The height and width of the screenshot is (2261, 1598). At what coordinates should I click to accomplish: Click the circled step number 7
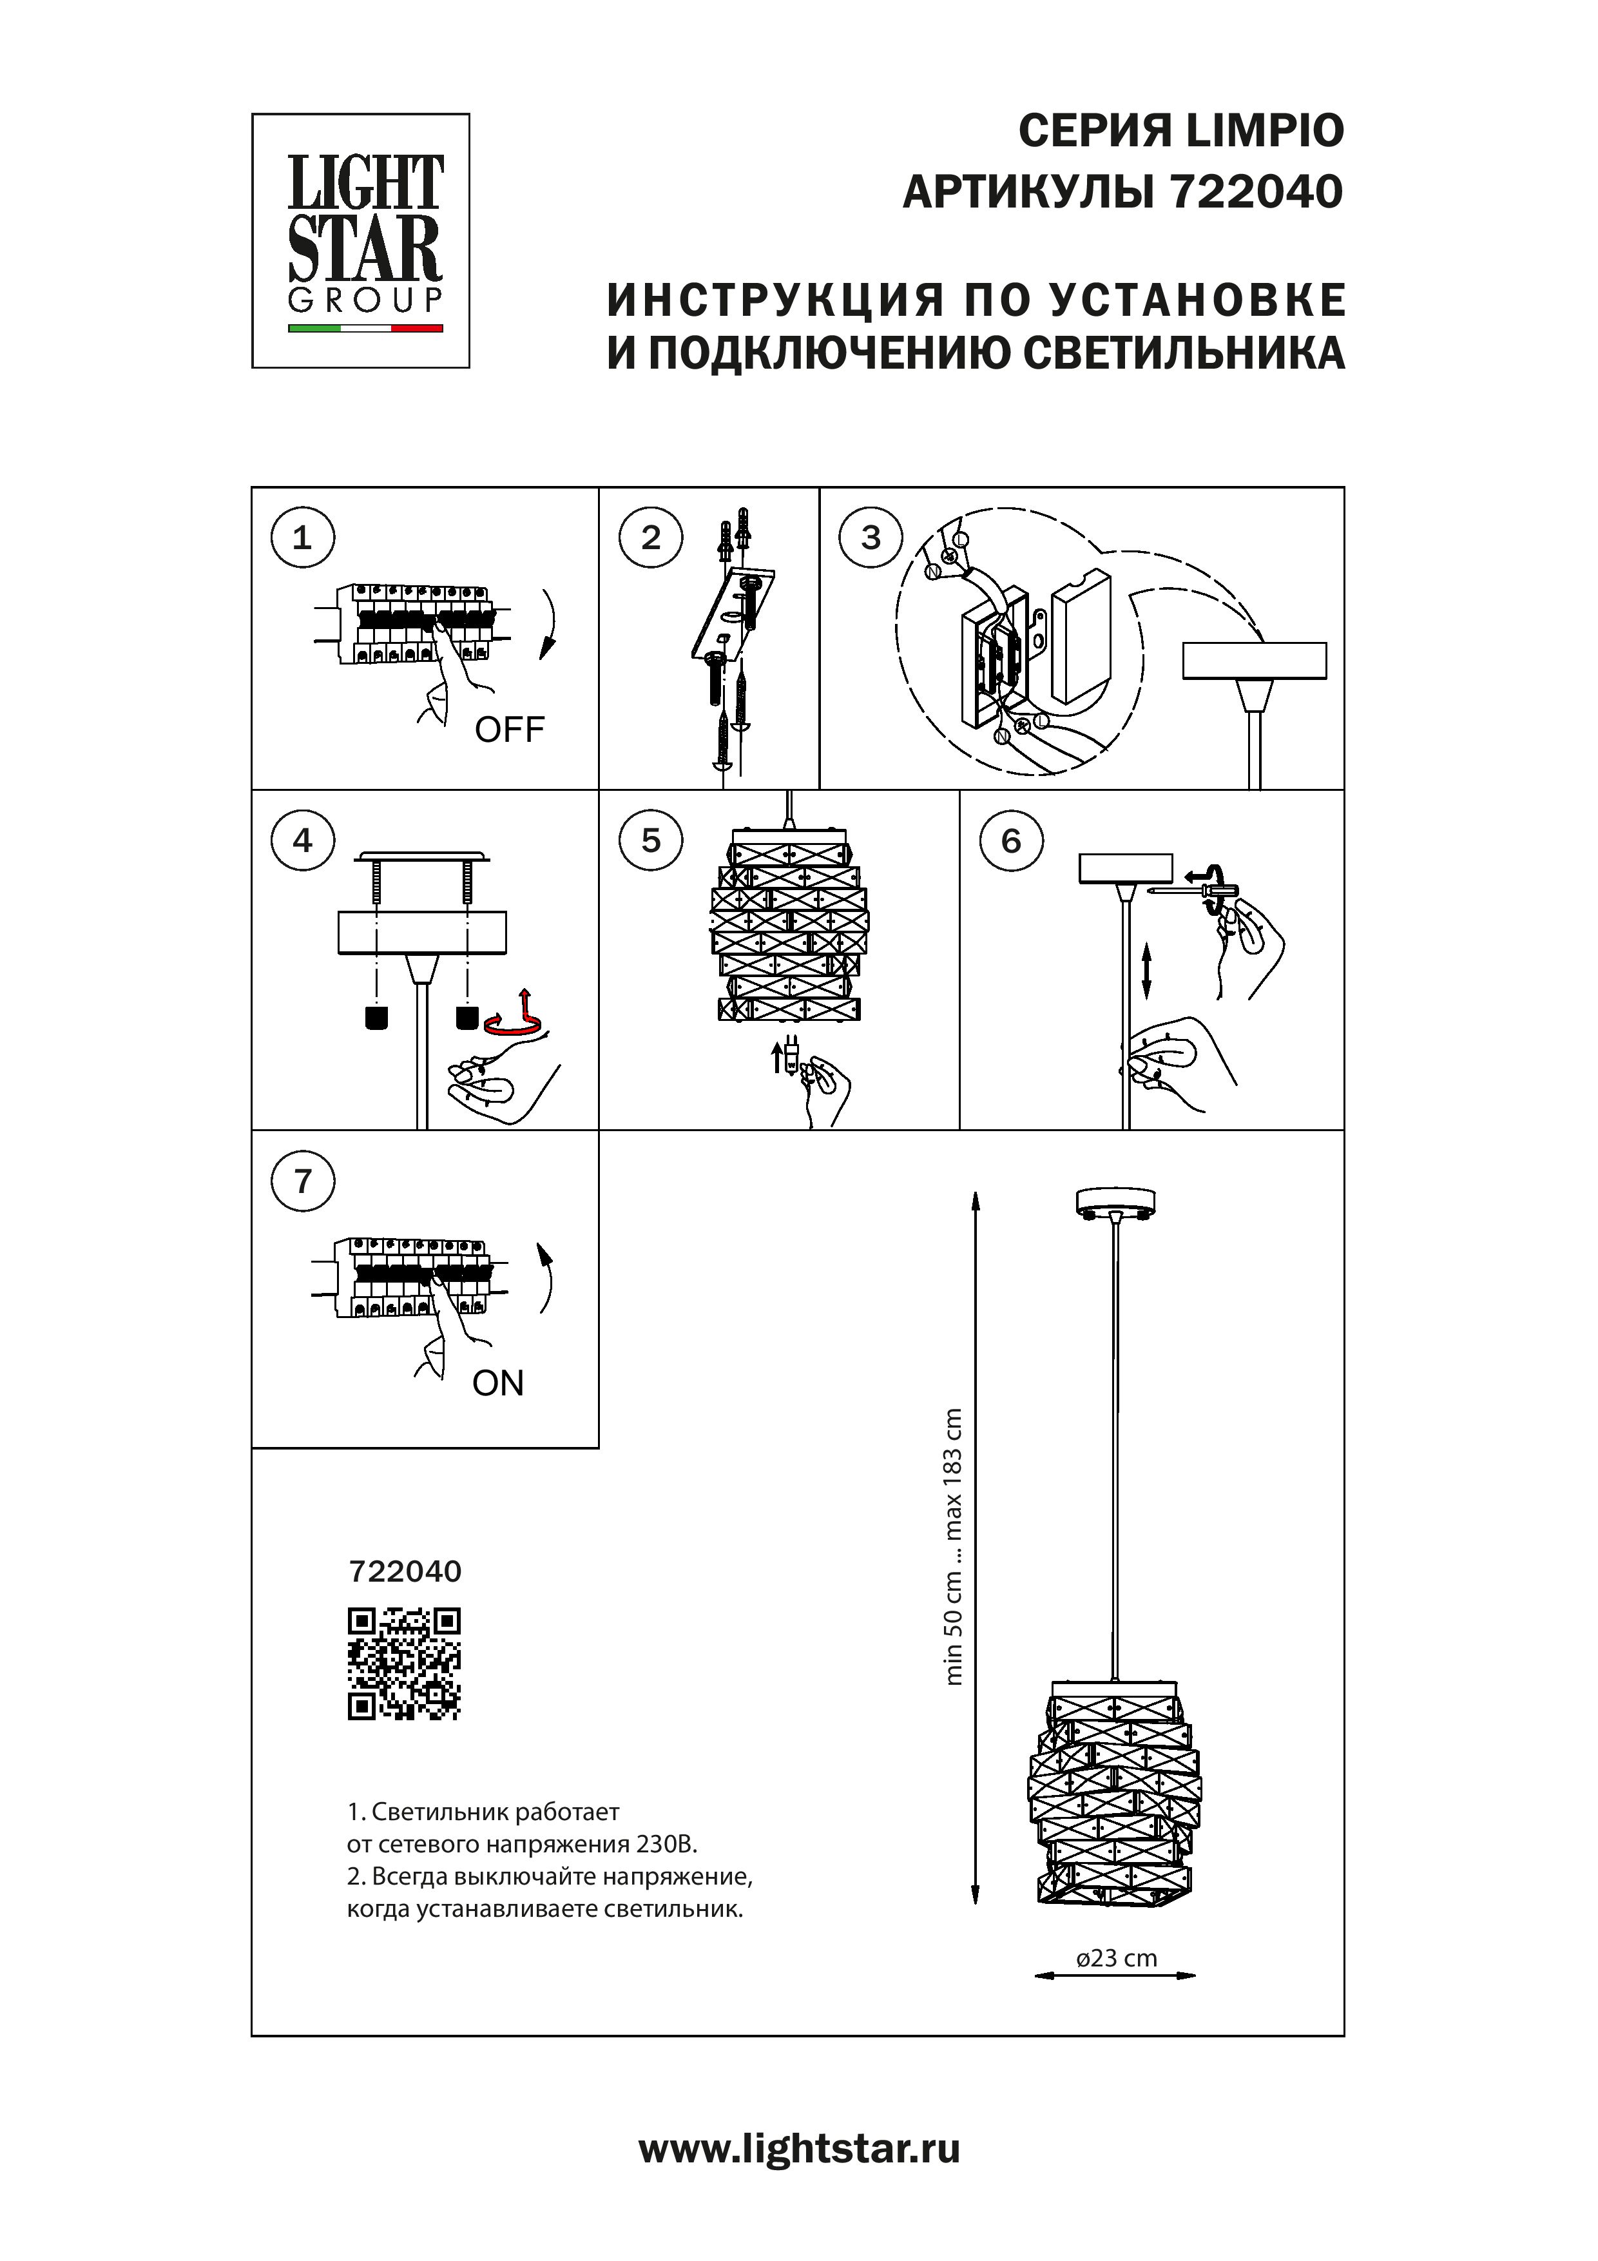pyautogui.click(x=302, y=1181)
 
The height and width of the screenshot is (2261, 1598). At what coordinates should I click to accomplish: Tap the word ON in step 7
pyautogui.click(x=498, y=1384)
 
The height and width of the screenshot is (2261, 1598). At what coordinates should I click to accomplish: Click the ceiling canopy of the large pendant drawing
pyautogui.click(x=1113, y=1203)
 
